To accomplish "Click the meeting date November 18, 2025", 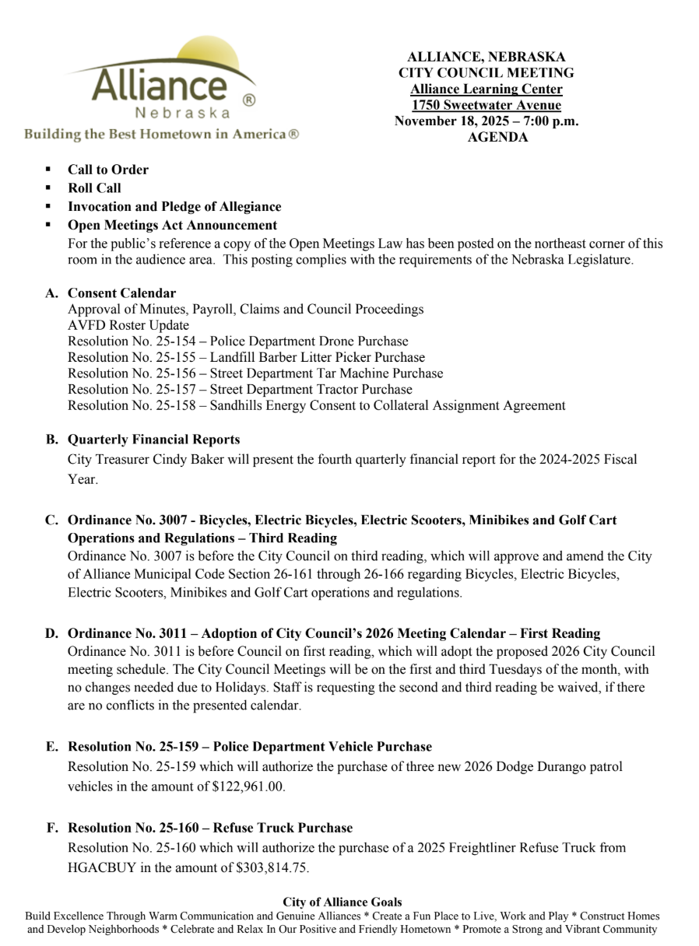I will pos(456,121).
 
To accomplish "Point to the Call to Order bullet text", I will pos(107,170).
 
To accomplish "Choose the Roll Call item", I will pos(94,188).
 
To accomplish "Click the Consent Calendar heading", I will pos(121,293).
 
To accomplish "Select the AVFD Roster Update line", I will pos(128,325).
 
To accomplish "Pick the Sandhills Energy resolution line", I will pos(316,405).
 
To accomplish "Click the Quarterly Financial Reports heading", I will pos(153,440).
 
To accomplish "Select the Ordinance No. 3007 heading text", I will pos(342,520).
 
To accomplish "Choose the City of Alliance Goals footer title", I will pos(342,902).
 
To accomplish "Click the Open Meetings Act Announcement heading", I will pos(172,226).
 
